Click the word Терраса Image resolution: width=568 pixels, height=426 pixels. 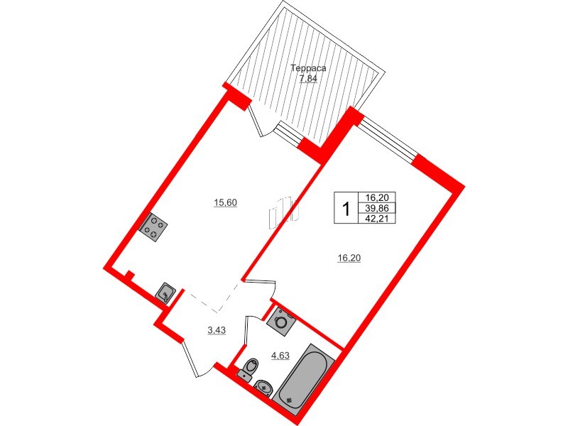pyautogui.click(x=309, y=68)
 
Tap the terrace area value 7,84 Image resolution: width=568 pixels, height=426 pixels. pyautogui.click(x=308, y=79)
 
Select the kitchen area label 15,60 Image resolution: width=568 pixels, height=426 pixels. pyautogui.click(x=225, y=203)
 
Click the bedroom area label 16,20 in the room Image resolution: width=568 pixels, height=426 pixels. pyautogui.click(x=349, y=258)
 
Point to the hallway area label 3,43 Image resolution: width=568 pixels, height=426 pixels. pyautogui.click(x=217, y=330)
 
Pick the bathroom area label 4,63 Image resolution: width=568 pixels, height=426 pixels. pyautogui.click(x=280, y=356)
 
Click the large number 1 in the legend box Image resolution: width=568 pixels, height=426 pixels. pyautogui.click(x=346, y=209)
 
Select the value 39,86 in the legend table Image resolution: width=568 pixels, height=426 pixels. pyautogui.click(x=377, y=208)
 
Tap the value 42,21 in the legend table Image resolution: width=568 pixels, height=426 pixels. pyautogui.click(x=377, y=219)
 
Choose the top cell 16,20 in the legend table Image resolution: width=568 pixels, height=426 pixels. pyautogui.click(x=377, y=197)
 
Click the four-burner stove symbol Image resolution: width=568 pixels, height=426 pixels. pyautogui.click(x=153, y=227)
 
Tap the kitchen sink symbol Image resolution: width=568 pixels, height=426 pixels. pyautogui.click(x=165, y=293)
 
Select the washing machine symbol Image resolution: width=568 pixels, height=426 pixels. pyautogui.click(x=280, y=321)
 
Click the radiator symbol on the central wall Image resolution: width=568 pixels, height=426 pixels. pyautogui.click(x=283, y=212)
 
